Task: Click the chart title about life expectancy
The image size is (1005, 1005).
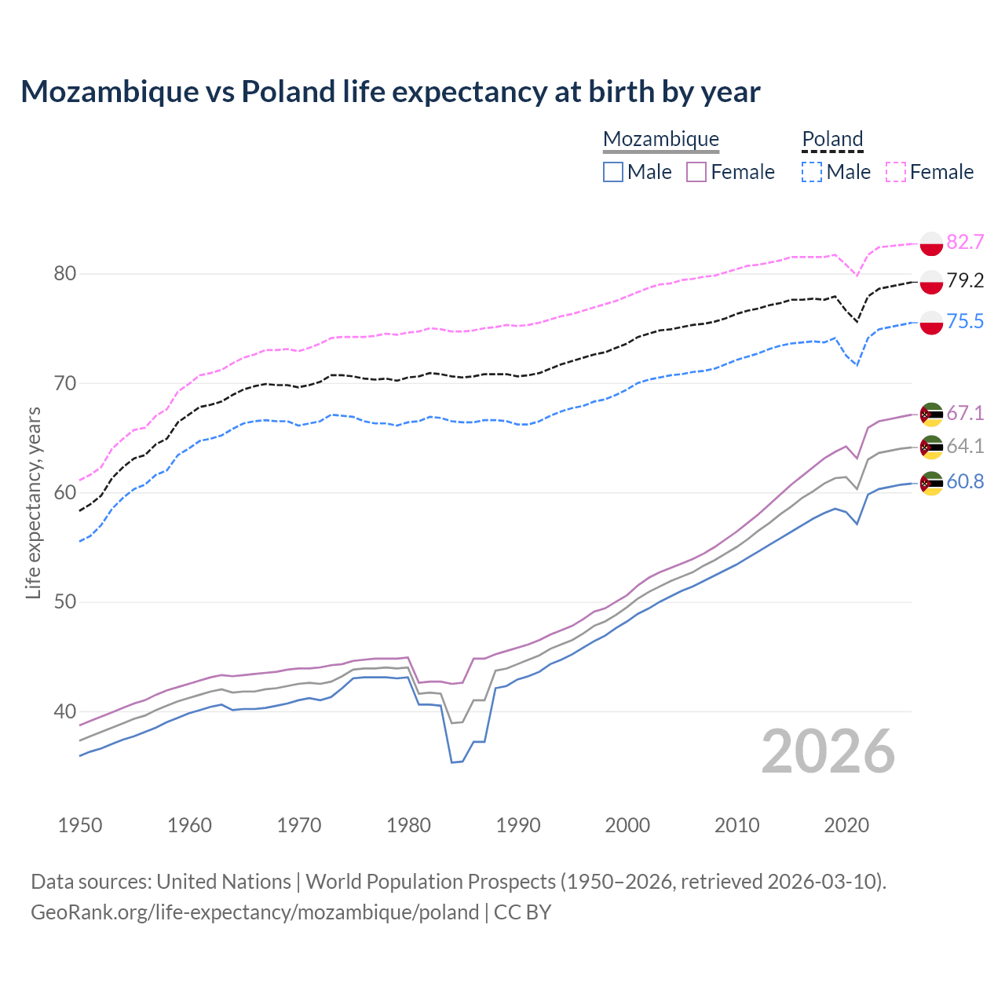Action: [390, 92]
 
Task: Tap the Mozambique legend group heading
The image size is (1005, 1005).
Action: [661, 139]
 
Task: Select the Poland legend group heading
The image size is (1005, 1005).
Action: [832, 139]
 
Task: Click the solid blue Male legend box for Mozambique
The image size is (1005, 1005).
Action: [613, 172]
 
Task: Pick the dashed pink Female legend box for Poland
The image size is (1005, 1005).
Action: [896, 172]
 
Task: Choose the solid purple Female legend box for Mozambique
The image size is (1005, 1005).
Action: [696, 172]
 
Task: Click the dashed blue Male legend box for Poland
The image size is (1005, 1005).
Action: [812, 172]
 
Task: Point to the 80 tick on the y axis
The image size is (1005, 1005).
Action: [65, 274]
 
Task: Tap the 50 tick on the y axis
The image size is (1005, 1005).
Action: [65, 602]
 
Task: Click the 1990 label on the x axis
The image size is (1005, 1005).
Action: [518, 825]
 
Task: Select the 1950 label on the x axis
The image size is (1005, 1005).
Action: [80, 825]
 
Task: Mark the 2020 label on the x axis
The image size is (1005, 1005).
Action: [846, 825]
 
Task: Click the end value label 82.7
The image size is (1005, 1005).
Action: [965, 242]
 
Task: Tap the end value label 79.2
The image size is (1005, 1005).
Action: [965, 280]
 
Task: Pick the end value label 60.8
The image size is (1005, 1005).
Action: [965, 481]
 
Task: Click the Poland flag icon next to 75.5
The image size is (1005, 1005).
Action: [931, 322]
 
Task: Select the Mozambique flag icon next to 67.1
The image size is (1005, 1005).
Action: [931, 414]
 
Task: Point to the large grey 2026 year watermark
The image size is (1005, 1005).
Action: [828, 751]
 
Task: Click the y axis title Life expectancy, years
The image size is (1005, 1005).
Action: [34, 502]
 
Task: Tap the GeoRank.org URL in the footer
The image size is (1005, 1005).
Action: [254, 912]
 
